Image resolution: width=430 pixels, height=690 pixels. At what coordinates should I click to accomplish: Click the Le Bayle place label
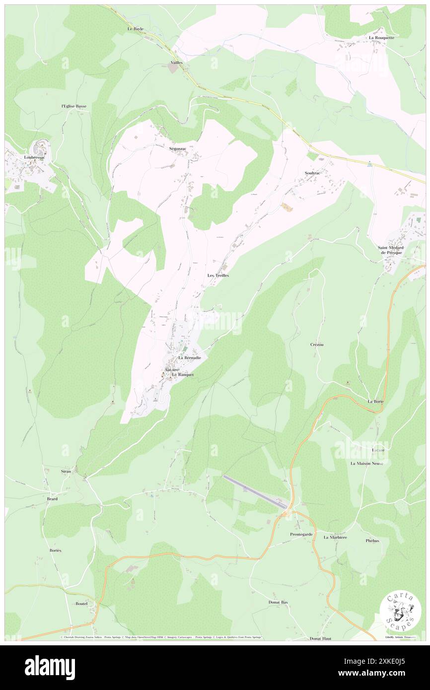tap(135, 29)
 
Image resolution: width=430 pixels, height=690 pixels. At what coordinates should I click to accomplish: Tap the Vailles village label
tap(176, 63)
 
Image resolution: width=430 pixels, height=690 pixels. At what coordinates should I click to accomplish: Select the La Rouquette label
tap(381, 38)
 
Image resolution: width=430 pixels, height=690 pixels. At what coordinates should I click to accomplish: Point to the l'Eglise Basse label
tap(73, 106)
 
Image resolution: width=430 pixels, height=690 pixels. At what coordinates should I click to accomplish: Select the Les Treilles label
tap(218, 275)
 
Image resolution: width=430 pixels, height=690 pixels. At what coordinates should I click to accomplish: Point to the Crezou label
tap(317, 344)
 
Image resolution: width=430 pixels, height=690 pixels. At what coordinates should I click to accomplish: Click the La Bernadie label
tap(190, 357)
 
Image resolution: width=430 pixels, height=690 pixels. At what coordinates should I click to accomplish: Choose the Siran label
tap(66, 471)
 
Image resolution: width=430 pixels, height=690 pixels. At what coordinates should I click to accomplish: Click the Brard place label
tap(52, 499)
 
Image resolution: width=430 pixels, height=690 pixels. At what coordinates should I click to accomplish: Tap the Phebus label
tap(372, 541)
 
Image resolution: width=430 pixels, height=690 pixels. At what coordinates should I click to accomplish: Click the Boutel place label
tap(81, 604)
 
